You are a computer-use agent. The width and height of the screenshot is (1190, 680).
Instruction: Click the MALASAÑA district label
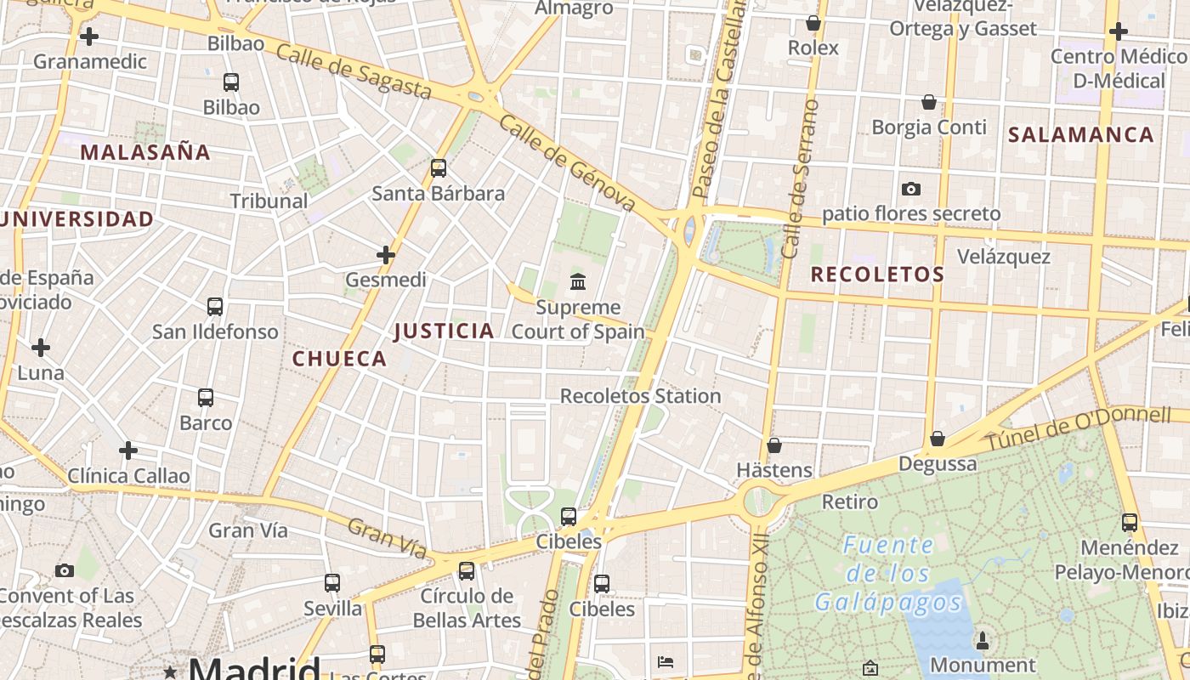(145, 152)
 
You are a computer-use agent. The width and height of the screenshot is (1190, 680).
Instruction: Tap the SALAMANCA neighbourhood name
(1080, 134)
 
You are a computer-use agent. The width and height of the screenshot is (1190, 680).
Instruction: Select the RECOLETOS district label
(877, 274)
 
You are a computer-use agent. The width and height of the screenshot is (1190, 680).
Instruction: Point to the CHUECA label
(340, 359)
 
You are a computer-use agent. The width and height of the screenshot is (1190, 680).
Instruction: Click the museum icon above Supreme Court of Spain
(578, 281)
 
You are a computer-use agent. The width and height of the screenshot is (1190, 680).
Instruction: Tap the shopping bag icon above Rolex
(813, 23)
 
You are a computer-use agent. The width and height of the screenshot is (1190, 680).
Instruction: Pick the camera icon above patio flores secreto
(911, 189)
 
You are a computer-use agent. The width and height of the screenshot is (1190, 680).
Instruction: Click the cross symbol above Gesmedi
(386, 254)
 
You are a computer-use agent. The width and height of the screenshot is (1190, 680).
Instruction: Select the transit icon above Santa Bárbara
(439, 168)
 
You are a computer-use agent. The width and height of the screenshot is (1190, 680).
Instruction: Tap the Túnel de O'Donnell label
(1078, 429)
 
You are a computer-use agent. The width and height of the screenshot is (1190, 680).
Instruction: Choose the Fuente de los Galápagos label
(889, 574)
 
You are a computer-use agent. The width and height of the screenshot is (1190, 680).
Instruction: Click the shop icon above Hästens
(774, 445)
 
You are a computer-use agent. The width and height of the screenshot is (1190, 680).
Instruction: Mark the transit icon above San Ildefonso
(215, 307)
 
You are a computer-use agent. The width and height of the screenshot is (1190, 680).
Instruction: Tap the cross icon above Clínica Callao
(128, 450)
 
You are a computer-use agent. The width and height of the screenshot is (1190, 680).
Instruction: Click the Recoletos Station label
(640, 396)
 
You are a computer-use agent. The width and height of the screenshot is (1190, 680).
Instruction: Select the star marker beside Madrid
(170, 672)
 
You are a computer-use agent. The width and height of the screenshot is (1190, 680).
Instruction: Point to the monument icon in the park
(983, 640)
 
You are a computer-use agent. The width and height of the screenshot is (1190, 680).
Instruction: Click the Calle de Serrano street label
(800, 178)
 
